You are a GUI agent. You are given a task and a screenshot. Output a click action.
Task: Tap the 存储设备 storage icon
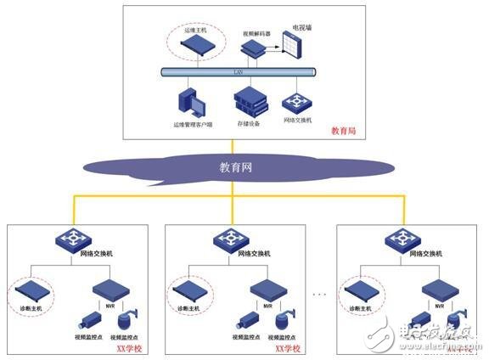click(x=250, y=103)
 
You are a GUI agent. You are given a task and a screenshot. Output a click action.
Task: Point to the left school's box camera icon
click(x=87, y=322)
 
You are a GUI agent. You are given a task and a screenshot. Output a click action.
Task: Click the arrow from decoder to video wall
click(x=275, y=50)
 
